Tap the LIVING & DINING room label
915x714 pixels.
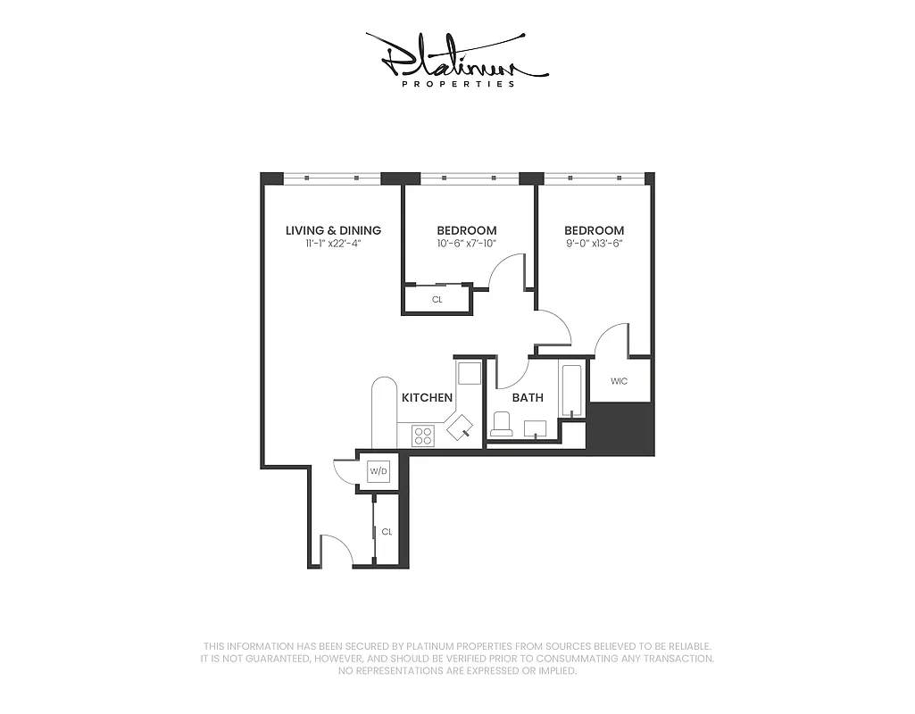(x=333, y=230)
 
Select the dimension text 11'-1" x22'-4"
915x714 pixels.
(x=333, y=244)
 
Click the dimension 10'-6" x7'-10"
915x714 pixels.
(x=466, y=244)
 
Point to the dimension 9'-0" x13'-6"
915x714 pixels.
(x=594, y=244)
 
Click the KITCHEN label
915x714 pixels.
(x=427, y=397)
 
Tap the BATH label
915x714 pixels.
(x=528, y=398)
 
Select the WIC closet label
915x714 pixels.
(x=619, y=381)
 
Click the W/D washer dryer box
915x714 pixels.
(x=378, y=470)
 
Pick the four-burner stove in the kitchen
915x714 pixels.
(x=422, y=436)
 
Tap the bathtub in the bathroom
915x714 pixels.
(x=571, y=390)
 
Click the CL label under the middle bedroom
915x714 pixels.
(x=437, y=300)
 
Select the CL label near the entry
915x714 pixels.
(x=387, y=531)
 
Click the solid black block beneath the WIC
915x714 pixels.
(x=622, y=428)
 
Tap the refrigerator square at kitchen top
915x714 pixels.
(x=469, y=372)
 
